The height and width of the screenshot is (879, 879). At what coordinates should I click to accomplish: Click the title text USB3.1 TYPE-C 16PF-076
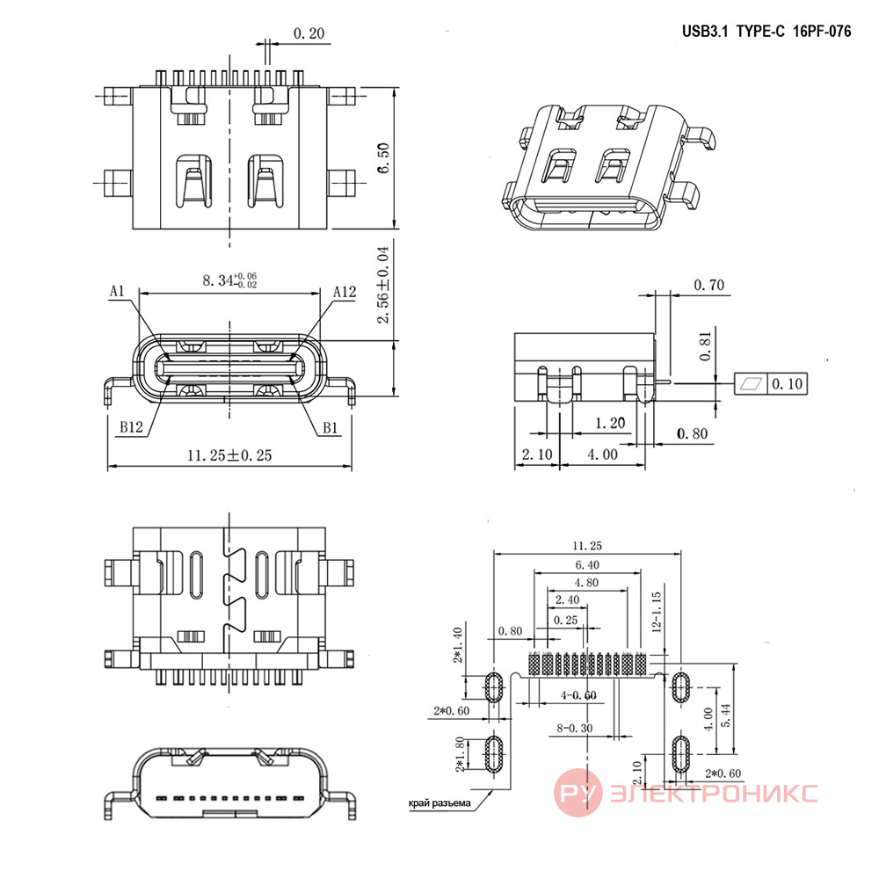[x=766, y=32]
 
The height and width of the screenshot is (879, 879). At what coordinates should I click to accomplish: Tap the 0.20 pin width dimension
[x=309, y=33]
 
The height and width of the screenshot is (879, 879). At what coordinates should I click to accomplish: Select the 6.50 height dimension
[x=383, y=158]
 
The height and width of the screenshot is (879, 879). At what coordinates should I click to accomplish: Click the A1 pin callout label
[x=117, y=291]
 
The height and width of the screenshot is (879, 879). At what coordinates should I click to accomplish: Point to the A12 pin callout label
[x=345, y=292]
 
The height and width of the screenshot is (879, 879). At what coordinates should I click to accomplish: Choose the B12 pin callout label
[x=131, y=427]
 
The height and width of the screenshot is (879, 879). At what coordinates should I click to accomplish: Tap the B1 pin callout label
[x=331, y=428]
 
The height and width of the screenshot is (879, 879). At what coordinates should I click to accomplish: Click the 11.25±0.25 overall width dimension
[x=229, y=455]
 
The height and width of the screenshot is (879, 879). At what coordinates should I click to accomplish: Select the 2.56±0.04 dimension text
[x=383, y=285]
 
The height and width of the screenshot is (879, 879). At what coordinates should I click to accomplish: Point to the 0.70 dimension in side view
[x=709, y=286]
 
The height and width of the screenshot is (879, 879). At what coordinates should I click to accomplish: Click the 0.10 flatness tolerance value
[x=788, y=384]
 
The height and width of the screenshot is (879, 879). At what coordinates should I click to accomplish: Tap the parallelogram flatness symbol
[x=752, y=383]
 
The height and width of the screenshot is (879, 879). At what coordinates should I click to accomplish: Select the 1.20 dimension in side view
[x=610, y=424]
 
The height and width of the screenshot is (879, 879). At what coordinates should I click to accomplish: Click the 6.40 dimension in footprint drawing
[x=587, y=565]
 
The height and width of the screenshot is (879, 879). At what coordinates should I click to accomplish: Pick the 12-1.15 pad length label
[x=657, y=612]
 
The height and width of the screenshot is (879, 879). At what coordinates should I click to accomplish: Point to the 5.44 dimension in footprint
[x=725, y=716]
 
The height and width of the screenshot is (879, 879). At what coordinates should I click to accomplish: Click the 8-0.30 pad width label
[x=575, y=728]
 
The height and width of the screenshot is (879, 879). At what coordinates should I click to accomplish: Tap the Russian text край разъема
[x=439, y=803]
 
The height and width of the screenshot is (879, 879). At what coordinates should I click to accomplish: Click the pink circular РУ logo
[x=578, y=793]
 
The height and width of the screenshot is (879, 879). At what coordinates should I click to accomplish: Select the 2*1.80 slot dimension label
[x=460, y=754]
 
